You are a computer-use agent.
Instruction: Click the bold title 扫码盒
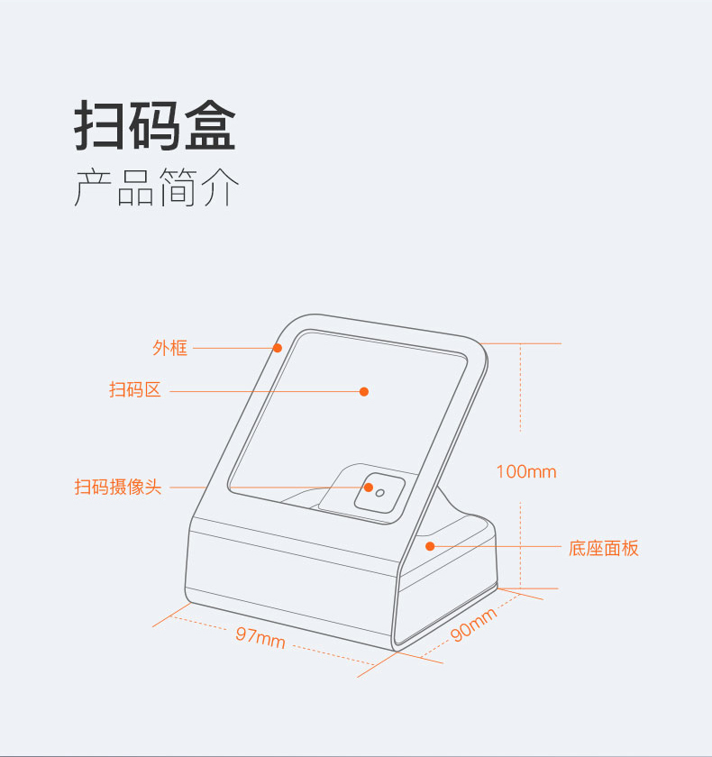(154, 127)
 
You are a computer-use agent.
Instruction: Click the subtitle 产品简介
(157, 188)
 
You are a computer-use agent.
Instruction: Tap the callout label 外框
(170, 348)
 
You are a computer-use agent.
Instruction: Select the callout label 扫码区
(135, 391)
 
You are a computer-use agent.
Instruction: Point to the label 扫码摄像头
(118, 488)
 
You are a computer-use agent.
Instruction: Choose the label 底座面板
(604, 548)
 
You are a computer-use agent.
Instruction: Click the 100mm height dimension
(526, 471)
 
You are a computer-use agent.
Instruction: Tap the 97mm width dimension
(260, 636)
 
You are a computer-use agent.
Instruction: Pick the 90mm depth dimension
(474, 625)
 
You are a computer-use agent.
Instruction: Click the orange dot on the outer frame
(278, 348)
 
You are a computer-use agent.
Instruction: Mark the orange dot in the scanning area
(364, 391)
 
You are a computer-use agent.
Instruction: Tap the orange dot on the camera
(368, 488)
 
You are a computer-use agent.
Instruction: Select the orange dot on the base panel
(430, 546)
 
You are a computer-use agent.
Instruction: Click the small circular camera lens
(380, 492)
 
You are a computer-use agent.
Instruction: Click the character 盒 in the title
(209, 127)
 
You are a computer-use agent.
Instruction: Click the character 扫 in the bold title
(100, 127)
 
